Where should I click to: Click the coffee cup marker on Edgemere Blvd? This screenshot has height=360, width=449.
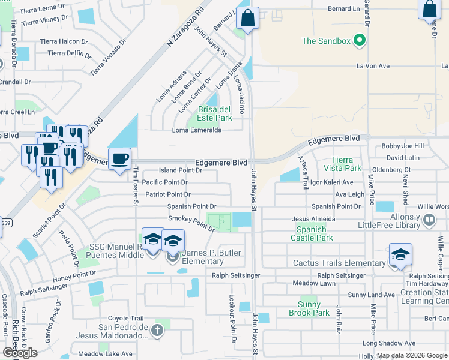pos(120,159)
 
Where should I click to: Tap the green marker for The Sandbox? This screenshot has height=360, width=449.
pos(360,41)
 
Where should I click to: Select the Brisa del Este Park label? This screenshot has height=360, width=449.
pos(215,113)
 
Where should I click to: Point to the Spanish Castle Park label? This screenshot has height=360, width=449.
pos(312,234)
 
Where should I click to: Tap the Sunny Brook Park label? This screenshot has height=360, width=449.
pos(309,308)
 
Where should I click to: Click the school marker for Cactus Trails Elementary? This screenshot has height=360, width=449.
pos(400,254)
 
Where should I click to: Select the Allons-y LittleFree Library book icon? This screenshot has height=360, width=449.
pos(429,220)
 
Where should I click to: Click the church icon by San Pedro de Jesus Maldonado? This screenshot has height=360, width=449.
pos(157,330)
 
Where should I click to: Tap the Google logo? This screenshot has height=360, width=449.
pos(20,353)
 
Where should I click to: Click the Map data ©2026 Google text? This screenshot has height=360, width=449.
pos(411,355)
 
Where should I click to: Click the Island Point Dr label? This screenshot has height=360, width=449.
pos(180,170)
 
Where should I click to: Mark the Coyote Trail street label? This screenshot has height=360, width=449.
pos(126,318)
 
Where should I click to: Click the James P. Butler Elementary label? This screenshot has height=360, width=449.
pos(203,257)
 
